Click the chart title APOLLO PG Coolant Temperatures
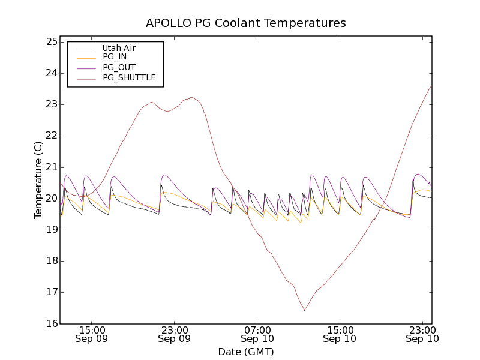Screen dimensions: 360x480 pyautogui.click(x=246, y=23)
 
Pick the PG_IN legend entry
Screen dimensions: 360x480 pyautogui.click(x=115, y=57)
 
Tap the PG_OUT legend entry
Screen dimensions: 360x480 pyautogui.click(x=119, y=67)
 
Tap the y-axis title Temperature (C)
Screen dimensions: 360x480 pyautogui.click(x=38, y=180)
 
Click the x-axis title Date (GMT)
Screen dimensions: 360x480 pyautogui.click(x=246, y=352)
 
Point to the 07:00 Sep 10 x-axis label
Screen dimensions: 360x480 pyautogui.click(x=257, y=334)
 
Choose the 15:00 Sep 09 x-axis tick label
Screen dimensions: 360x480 pyautogui.click(x=92, y=334)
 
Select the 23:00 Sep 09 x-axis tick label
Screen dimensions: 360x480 pyautogui.click(x=175, y=334)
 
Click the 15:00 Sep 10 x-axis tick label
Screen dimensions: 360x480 pyautogui.click(x=340, y=334)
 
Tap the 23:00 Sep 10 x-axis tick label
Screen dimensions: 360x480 pyautogui.click(x=422, y=334)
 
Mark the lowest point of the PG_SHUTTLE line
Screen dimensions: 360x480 pyautogui.click(x=304, y=310)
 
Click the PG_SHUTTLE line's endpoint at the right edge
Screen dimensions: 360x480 pyautogui.click(x=431, y=85)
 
